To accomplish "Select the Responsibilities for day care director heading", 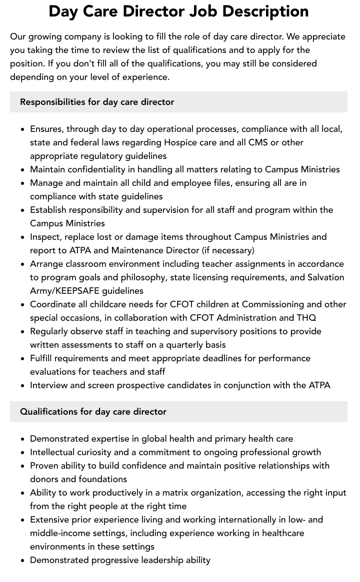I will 97,102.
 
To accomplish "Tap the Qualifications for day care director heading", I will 93,412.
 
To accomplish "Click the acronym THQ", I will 306,318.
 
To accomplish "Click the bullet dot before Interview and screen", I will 23,386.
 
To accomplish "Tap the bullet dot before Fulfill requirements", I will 23,359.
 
